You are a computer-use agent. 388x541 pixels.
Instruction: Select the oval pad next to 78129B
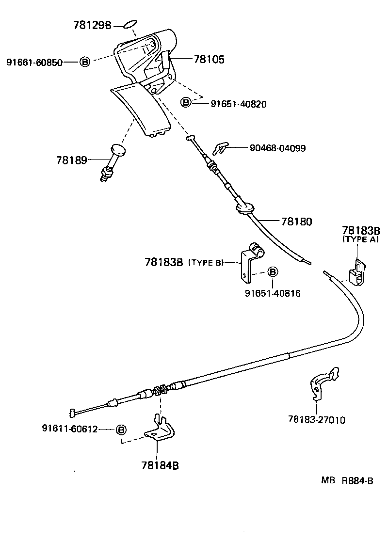pyautogui.click(x=129, y=24)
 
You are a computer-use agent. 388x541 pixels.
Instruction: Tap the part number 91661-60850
pyautogui.click(x=34, y=62)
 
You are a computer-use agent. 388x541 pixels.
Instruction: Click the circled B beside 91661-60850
pyautogui.click(x=84, y=62)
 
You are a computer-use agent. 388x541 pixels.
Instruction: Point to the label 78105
pyautogui.click(x=209, y=60)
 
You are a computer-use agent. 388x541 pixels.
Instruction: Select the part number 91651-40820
pyautogui.click(x=238, y=104)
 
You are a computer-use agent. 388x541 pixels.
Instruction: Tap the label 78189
pyautogui.click(x=71, y=160)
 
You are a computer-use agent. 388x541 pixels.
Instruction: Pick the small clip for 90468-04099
pyautogui.click(x=221, y=147)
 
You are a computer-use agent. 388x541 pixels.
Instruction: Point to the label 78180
pyautogui.click(x=296, y=222)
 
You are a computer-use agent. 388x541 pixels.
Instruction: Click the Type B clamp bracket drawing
pyautogui.click(x=252, y=261)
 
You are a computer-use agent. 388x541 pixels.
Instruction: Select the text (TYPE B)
pyautogui.click(x=206, y=262)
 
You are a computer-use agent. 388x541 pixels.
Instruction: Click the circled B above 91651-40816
pyautogui.click(x=272, y=272)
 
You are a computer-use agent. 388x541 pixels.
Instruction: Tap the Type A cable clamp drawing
pyautogui.click(x=358, y=272)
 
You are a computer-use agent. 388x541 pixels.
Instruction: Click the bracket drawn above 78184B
pyautogui.click(x=159, y=429)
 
